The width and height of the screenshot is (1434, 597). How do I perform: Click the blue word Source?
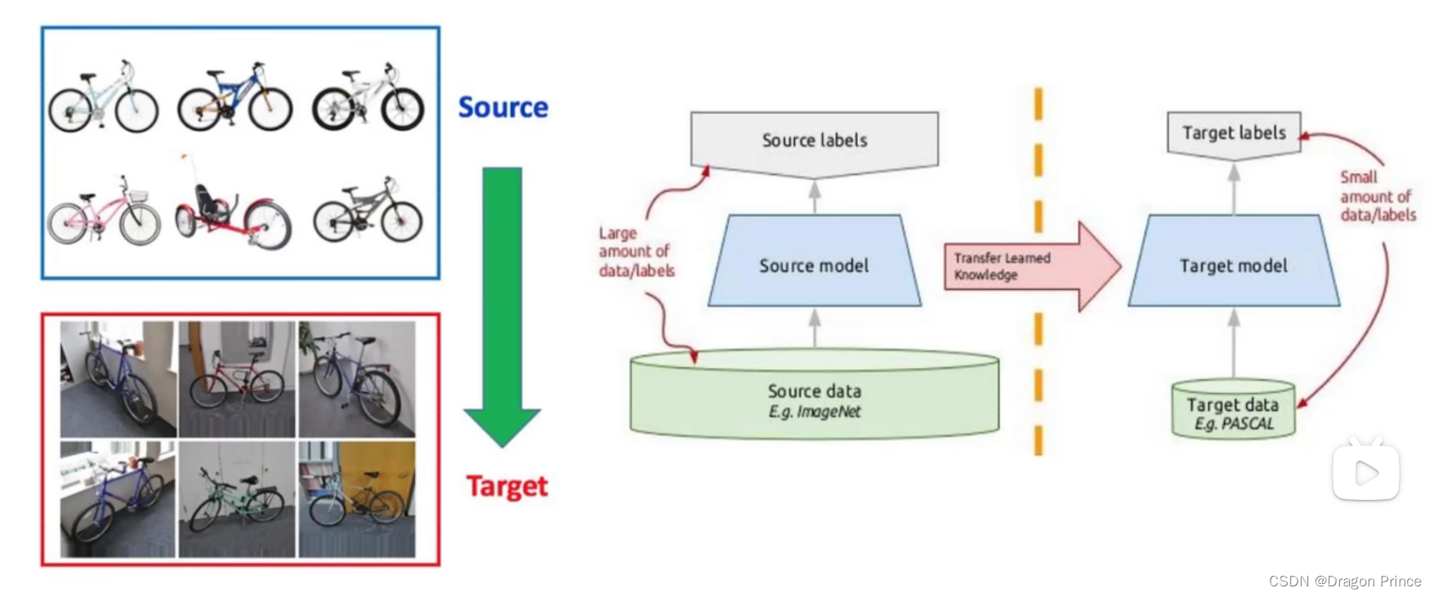[503, 107]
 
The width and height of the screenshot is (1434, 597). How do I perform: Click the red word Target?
[507, 486]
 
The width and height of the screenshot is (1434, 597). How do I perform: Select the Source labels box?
[814, 141]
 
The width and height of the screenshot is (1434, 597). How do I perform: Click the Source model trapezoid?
[814, 262]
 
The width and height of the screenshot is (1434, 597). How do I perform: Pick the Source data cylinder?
[814, 397]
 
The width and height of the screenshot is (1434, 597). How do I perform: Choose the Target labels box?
[1233, 134]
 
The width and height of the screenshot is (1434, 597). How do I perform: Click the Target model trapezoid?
[1233, 262]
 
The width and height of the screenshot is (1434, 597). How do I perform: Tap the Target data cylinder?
[1233, 410]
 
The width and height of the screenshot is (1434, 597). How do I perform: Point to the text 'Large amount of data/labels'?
[636, 252]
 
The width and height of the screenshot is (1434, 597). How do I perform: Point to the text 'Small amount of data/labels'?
[1377, 196]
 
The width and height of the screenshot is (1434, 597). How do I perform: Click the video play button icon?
[1365, 471]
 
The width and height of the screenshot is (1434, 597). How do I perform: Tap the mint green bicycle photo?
[237, 499]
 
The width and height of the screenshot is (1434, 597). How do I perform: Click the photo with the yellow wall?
[357, 499]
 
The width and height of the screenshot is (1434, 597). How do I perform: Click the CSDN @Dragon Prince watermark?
[1344, 581]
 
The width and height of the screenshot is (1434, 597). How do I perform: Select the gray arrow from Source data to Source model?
[814, 327]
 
